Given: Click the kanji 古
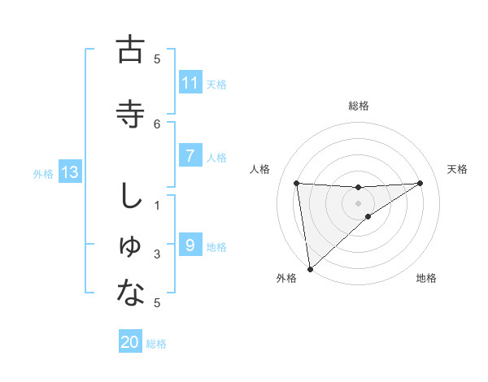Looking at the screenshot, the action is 130,50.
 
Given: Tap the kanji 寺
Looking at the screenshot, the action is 130,113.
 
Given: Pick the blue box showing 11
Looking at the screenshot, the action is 190,83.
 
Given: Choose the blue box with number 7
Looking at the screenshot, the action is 190,156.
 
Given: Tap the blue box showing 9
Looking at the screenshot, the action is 190,245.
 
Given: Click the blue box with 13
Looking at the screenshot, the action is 69,172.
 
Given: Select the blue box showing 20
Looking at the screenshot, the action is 130,342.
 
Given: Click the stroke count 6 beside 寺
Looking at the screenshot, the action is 158,124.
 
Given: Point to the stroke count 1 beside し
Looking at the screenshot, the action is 158,206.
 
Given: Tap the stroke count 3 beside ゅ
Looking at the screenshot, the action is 158,254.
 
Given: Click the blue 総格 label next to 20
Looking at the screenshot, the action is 156,344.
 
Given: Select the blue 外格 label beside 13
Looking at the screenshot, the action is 43,173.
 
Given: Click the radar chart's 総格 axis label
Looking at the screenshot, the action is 359,106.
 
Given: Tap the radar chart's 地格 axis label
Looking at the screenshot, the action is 426,279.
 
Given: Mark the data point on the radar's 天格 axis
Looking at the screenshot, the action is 420,183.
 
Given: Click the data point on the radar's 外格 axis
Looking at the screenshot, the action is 310,268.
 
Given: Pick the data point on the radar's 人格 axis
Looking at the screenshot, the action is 297,183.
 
